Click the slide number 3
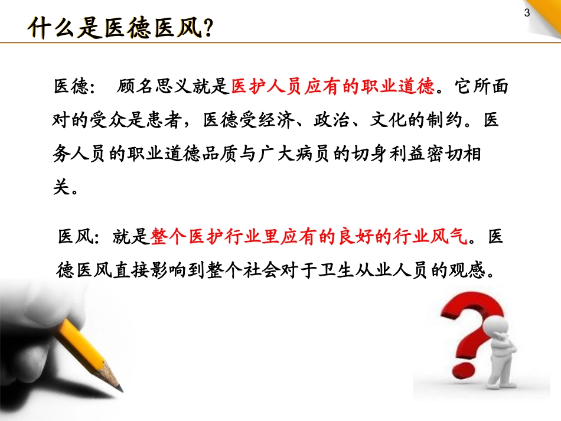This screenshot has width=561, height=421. pyautogui.click(x=527, y=14)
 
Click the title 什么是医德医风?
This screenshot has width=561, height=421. pyautogui.click(x=120, y=27)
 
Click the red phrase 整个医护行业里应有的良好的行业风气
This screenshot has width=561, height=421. pyautogui.click(x=311, y=237)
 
